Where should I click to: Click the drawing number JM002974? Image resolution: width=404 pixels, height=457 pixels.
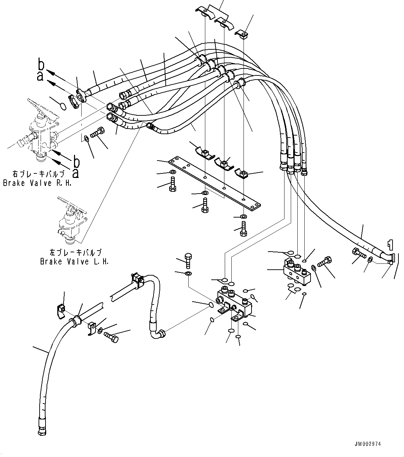pyautogui.click(x=368, y=444)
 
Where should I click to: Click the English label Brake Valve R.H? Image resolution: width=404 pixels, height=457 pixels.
pyautogui.click(x=37, y=183)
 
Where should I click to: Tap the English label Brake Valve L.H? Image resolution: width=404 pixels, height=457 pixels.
pyautogui.click(x=74, y=261)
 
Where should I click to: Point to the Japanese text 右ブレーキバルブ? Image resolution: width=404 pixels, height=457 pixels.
pyautogui.click(x=38, y=174)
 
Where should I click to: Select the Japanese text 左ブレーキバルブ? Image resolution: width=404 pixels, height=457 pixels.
pyautogui.click(x=75, y=252)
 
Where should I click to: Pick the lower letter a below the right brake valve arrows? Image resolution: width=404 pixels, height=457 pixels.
pyautogui.click(x=76, y=173)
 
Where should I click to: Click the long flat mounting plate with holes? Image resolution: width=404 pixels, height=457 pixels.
pyautogui.click(x=214, y=183)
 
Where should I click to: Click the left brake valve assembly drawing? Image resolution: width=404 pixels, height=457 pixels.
pyautogui.click(x=73, y=220)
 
